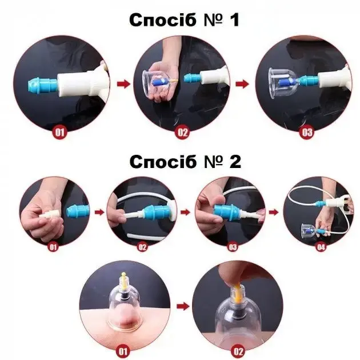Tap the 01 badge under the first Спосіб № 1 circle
click(x=59, y=132)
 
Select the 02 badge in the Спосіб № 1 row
click(x=182, y=132)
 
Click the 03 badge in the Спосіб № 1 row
click(x=307, y=132)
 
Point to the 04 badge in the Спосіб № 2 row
click(x=321, y=247)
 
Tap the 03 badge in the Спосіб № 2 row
click(x=233, y=247)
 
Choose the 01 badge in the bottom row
click(x=123, y=351)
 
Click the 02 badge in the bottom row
click(x=238, y=351)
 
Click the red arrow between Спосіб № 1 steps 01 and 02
click(x=123, y=84)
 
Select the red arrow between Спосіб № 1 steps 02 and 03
click(x=242, y=84)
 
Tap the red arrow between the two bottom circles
click(x=183, y=306)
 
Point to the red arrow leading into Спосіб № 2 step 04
click(x=274, y=212)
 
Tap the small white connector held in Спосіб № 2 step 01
click(x=48, y=214)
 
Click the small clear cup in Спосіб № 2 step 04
click(x=309, y=230)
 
